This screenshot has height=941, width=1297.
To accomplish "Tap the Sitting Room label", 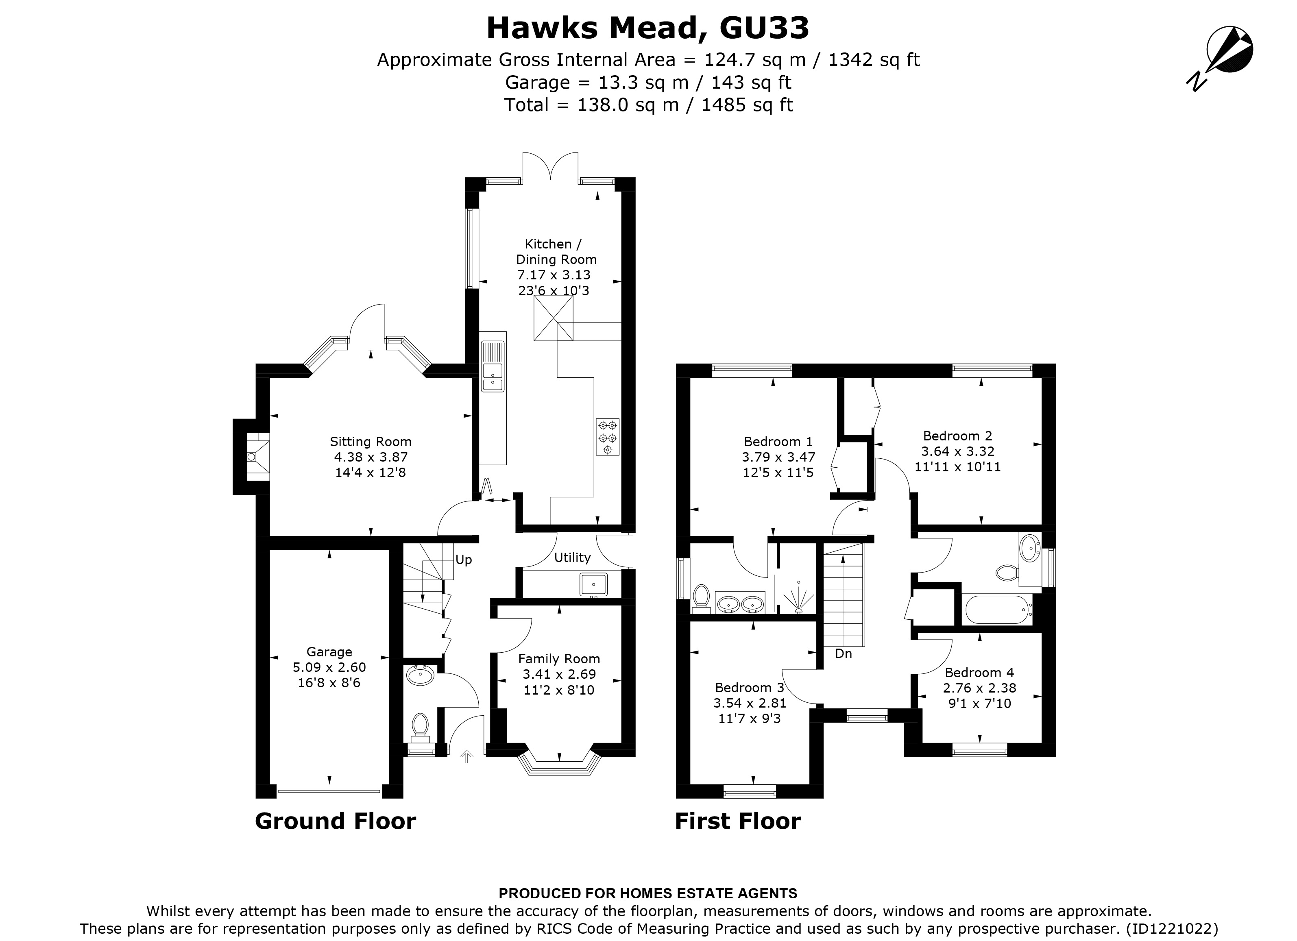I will (x=371, y=441).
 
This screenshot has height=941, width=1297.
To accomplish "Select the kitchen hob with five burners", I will (x=607, y=437).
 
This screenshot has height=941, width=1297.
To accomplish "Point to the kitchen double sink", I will (x=493, y=366).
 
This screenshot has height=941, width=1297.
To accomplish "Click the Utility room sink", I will (x=593, y=585).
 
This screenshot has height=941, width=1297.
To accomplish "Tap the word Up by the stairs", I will (x=463, y=560).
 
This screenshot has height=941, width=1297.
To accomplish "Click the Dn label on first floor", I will (x=844, y=653).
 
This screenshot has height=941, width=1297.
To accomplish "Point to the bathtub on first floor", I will (x=997, y=610).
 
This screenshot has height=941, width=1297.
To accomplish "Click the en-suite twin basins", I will (x=741, y=603).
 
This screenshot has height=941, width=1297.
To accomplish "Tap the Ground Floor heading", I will (x=335, y=821).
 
